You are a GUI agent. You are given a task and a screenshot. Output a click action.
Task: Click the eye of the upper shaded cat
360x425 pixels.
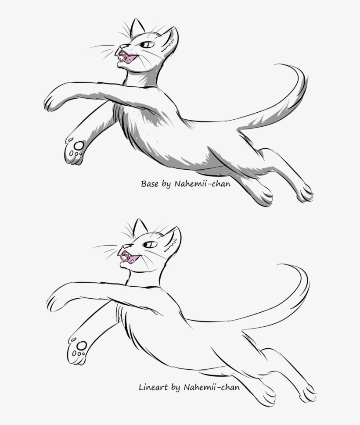click(x=148, y=45)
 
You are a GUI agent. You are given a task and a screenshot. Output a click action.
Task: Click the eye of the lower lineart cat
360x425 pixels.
click(x=150, y=245)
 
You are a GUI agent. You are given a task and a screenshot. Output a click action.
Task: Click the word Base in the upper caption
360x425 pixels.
click(x=149, y=184)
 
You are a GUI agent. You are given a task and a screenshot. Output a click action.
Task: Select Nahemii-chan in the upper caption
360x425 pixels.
click(x=202, y=184)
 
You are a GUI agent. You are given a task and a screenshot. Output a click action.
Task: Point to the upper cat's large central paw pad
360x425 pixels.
click(x=79, y=145)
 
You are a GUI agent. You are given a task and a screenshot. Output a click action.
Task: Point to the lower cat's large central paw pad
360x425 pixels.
click(x=81, y=346)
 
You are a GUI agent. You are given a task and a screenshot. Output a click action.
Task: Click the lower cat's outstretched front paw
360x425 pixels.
click(x=54, y=303)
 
